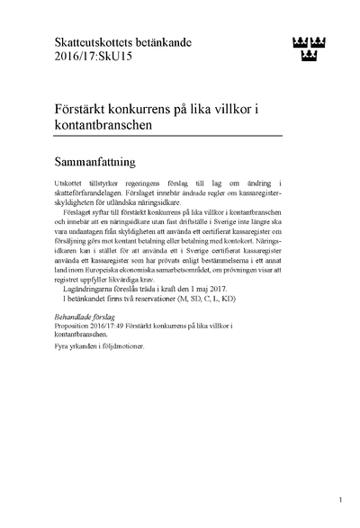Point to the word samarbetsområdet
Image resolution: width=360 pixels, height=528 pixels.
pyautogui.click(x=214, y=293)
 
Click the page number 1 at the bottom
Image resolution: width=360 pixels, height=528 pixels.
pyautogui.click(x=340, y=499)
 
